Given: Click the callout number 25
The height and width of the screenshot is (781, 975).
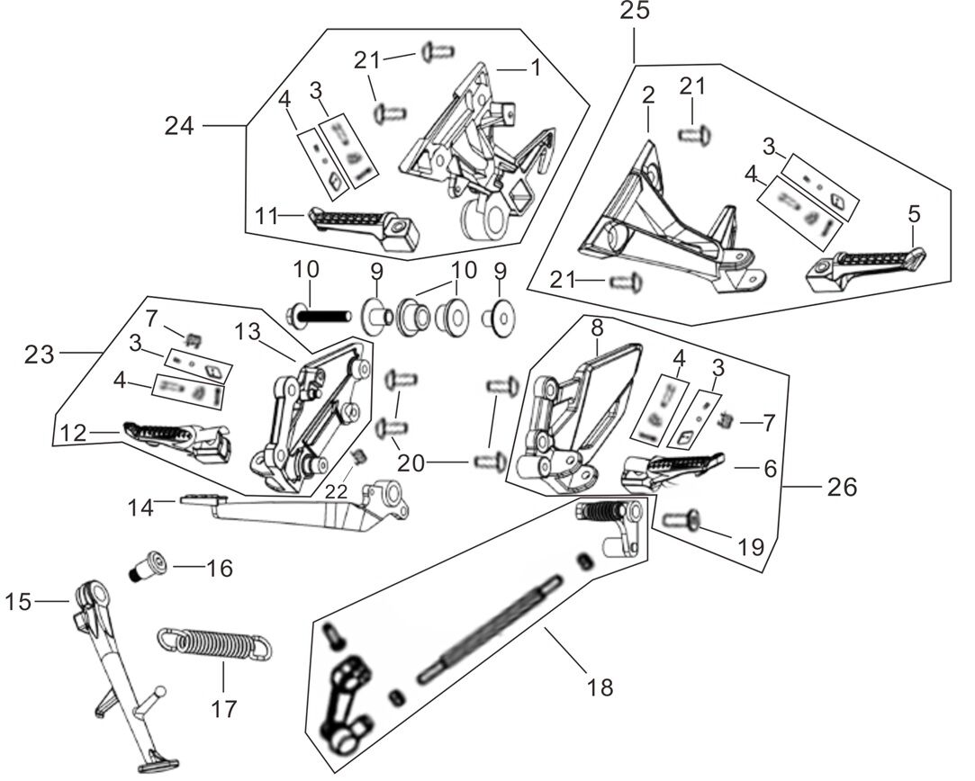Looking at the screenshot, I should pos(633,12).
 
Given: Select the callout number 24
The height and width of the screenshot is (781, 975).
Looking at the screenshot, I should pos(179,126).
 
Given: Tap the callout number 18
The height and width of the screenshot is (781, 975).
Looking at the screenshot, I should pos(599,687).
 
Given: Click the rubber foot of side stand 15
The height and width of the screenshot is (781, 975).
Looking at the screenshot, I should pos(150,767).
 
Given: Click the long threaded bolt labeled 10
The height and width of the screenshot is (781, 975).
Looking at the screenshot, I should pos(319,316).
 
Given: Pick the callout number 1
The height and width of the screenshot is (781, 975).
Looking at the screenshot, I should pos(535,67).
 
